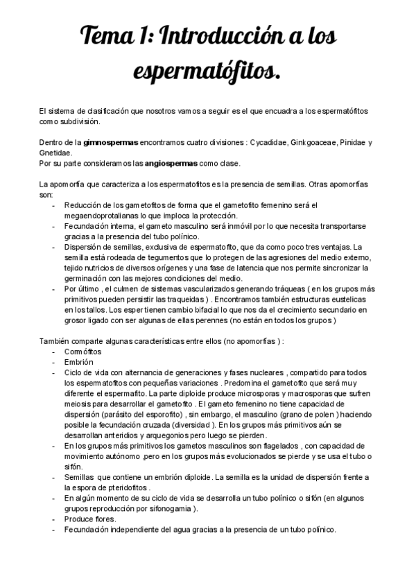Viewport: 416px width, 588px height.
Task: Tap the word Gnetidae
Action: tap(55, 153)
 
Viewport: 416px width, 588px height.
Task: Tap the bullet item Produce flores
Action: tap(90, 519)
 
